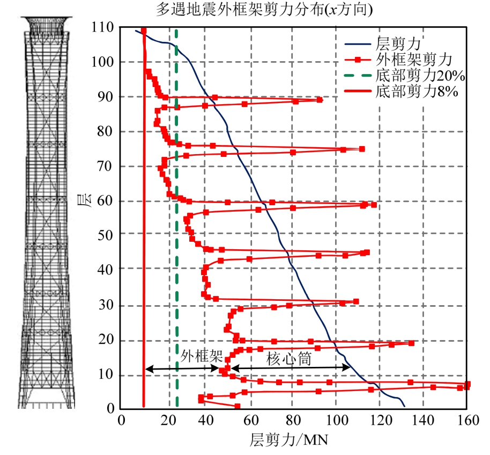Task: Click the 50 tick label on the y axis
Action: point(106,234)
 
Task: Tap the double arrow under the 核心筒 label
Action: point(290,368)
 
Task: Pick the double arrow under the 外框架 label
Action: point(182,369)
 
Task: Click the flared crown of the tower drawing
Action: point(48,24)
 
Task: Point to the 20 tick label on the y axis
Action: point(106,341)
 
